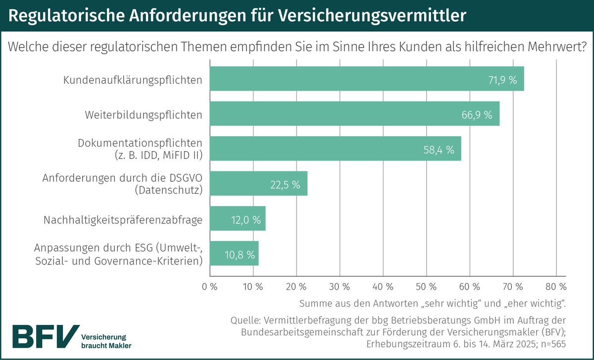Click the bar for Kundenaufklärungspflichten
coord(366,79)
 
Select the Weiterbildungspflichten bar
coord(354,114)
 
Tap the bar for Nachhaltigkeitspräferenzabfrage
coord(238,219)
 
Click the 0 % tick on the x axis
coord(210,286)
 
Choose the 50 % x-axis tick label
coord(426,286)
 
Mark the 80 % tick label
coord(556,286)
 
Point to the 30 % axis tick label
coord(340,286)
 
